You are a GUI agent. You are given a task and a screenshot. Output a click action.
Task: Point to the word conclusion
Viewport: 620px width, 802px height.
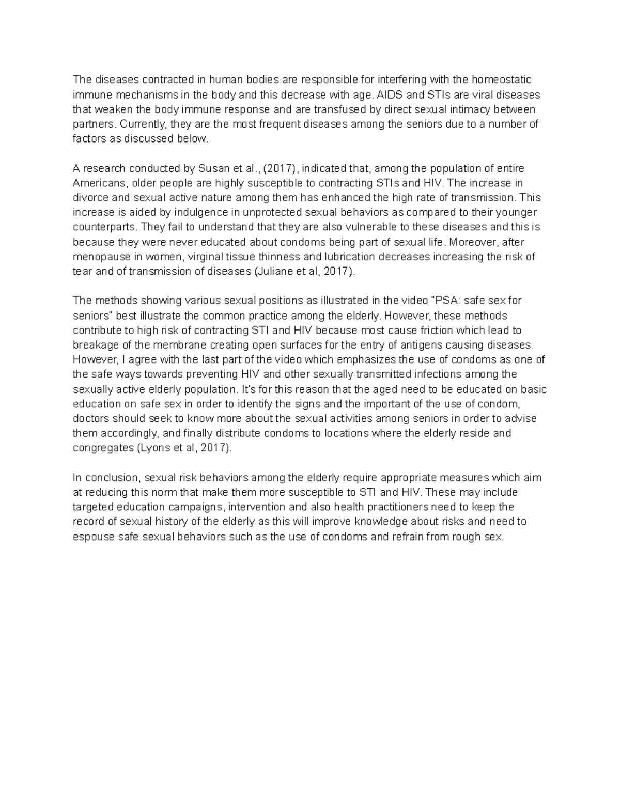click(112, 478)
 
